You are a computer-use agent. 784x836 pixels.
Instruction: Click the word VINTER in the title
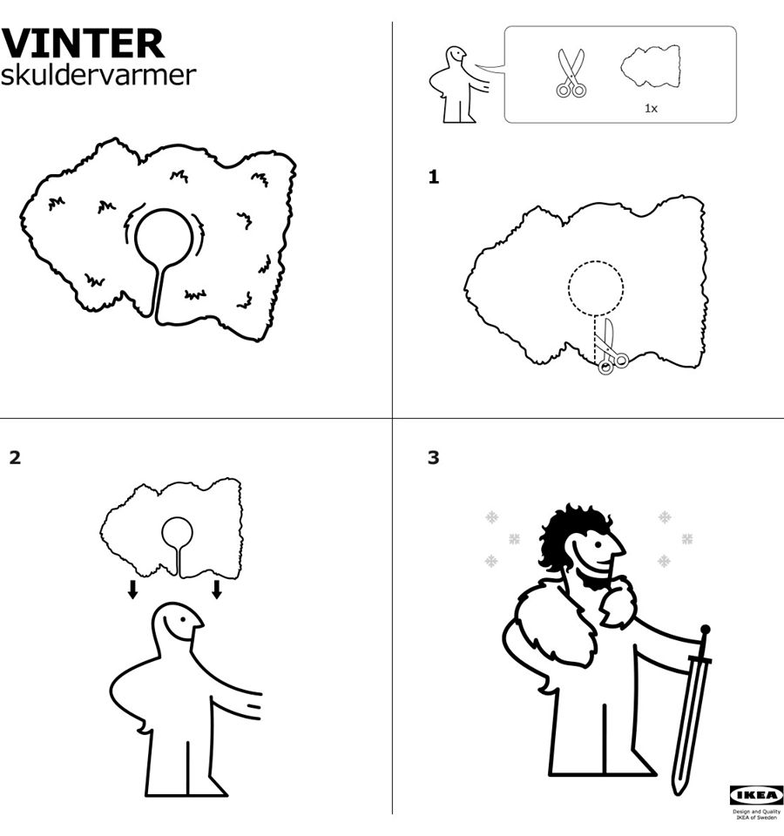pyautogui.click(x=84, y=44)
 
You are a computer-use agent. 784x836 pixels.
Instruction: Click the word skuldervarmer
pyautogui.click(x=98, y=75)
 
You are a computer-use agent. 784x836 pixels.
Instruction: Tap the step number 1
pyautogui.click(x=434, y=177)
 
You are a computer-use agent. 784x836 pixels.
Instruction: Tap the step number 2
pyautogui.click(x=15, y=457)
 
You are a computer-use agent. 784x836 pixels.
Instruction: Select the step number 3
pyautogui.click(x=433, y=457)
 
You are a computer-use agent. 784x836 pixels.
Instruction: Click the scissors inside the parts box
pyautogui.click(x=571, y=73)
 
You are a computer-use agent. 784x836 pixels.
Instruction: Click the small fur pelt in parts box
pyautogui.click(x=651, y=66)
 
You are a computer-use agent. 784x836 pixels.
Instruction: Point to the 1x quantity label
pyautogui.click(x=652, y=108)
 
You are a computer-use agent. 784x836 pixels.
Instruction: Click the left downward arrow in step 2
pyautogui.click(x=132, y=590)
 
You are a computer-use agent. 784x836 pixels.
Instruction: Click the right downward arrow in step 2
pyautogui.click(x=217, y=590)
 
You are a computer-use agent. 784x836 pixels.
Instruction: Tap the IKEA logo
pyautogui.click(x=756, y=795)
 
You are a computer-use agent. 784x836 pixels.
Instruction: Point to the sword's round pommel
pyautogui.click(x=706, y=630)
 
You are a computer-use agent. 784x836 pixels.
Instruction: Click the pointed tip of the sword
pyautogui.click(x=678, y=794)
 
